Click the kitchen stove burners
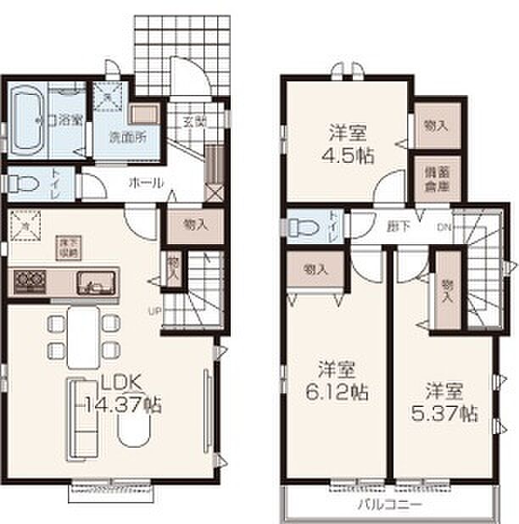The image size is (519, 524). pos(29,281)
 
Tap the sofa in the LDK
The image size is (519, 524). pos(80,415)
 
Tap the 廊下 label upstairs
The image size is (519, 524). pos(394,226)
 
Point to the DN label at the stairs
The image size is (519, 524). pos(444,226)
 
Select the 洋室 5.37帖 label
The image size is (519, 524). pos(450,402)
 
